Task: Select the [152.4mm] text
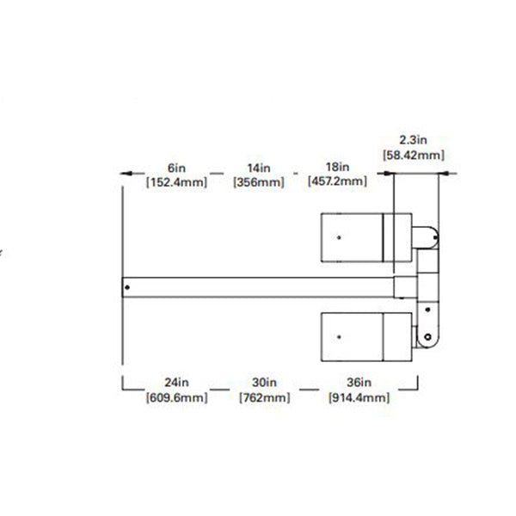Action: point(176,181)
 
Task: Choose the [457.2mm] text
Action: point(336,181)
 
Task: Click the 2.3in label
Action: point(413,139)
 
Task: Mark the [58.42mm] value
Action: point(413,155)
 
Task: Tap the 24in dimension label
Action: point(176,383)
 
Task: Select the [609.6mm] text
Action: point(176,397)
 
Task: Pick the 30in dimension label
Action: point(264,383)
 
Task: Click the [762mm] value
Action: point(264,397)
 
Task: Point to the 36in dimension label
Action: point(359,383)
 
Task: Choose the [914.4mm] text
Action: point(359,397)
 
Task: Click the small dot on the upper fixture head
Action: point(340,236)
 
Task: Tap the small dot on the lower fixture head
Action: point(340,335)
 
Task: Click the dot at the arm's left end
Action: point(127,287)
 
